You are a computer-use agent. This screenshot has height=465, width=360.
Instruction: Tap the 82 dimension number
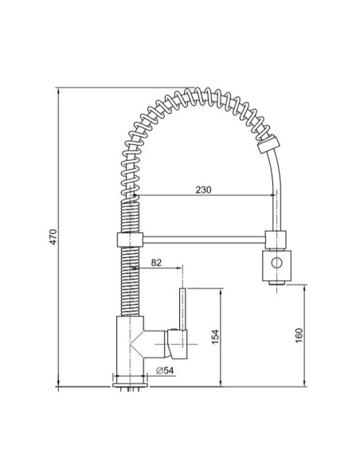click(x=156, y=261)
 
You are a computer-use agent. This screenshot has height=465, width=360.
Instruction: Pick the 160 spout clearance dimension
click(x=299, y=335)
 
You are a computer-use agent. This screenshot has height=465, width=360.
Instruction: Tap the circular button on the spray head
click(x=276, y=264)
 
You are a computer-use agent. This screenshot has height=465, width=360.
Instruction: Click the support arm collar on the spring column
click(x=127, y=238)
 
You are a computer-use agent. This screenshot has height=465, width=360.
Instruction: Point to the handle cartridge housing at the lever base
click(x=176, y=342)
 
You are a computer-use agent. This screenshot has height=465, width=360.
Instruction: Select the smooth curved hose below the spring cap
click(x=279, y=187)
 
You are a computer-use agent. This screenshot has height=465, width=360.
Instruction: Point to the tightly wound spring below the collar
click(x=128, y=279)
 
